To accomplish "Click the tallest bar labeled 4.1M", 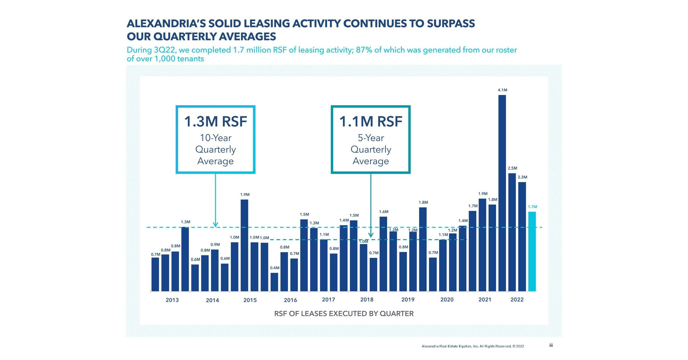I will pyautogui.click(x=502, y=192).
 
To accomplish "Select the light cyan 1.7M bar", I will pyautogui.click(x=532, y=251).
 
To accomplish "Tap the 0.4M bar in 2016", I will pyautogui.click(x=274, y=282).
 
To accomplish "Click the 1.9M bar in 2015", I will pyautogui.click(x=244, y=245).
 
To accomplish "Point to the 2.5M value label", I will pyautogui.click(x=512, y=168).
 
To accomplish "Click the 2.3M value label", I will pyautogui.click(x=522, y=177).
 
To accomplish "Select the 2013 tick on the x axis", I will pyautogui.click(x=172, y=300).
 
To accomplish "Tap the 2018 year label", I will pyautogui.click(x=367, y=300).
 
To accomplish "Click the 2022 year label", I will pyautogui.click(x=517, y=300).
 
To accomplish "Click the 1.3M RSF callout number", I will pyautogui.click(x=215, y=122).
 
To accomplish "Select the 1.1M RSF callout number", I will pyautogui.click(x=370, y=122).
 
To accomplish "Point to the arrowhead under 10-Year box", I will pyautogui.click(x=216, y=224).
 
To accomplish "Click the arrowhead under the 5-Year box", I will pyautogui.click(x=371, y=235).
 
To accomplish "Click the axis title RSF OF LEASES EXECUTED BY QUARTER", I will pyautogui.click(x=344, y=314).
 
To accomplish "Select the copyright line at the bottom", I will pyautogui.click(x=472, y=346).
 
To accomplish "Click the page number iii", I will pyautogui.click(x=551, y=345).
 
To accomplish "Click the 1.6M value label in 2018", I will pyautogui.click(x=384, y=212).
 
